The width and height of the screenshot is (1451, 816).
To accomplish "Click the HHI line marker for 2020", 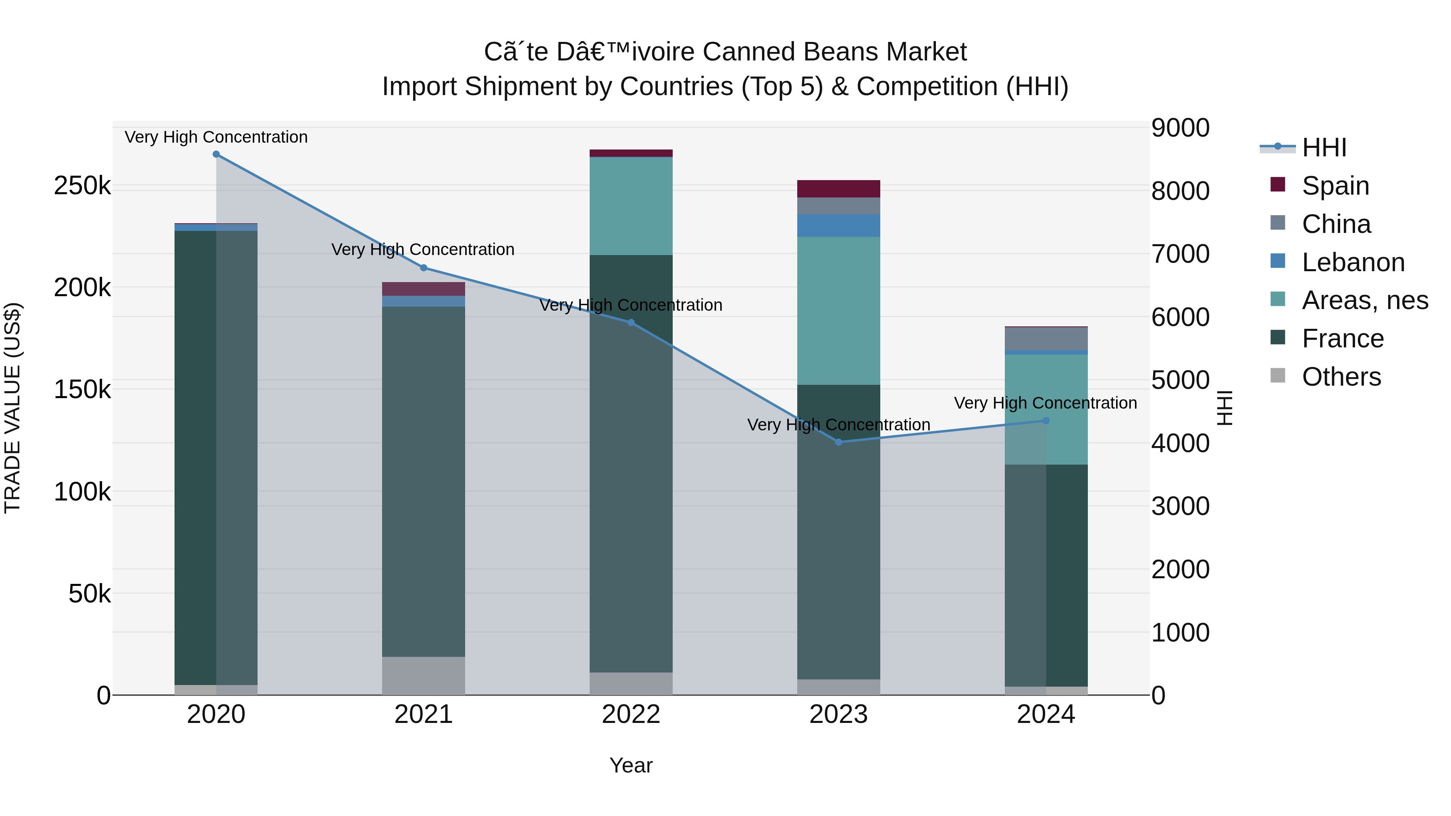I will (216, 154).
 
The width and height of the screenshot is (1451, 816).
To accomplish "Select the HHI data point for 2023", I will (839, 442).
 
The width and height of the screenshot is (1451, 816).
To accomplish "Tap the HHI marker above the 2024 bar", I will (1046, 421).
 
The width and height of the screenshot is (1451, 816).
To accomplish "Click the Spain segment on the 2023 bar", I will (839, 189).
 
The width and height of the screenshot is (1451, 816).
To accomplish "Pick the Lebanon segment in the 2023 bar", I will (839, 225).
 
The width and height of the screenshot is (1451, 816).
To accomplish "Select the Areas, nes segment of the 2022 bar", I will (631, 206).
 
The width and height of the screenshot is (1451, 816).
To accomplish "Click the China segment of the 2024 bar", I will (1046, 338).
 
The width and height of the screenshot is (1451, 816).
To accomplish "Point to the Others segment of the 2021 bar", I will (424, 675).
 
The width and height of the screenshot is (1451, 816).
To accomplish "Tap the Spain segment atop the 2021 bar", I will (424, 289).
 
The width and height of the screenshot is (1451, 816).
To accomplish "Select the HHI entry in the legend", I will (1324, 147).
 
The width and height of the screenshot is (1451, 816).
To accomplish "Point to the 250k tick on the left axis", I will (82, 186).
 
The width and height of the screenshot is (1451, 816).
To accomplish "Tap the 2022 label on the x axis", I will (631, 714).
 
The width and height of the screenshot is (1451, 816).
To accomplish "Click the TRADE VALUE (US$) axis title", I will (12, 408).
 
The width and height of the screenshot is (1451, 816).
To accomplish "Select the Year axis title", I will (631, 765).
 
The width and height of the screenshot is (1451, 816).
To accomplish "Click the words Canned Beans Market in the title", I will (834, 52).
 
